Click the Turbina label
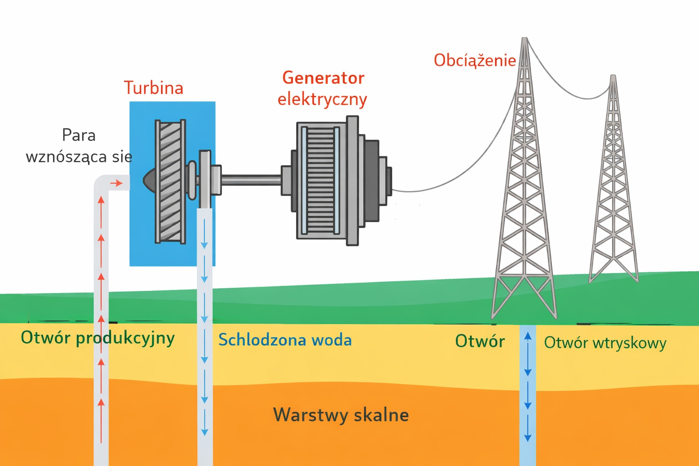coord(153,88)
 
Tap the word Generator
coord(323,78)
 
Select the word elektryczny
coord(322,99)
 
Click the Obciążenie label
coord(475,60)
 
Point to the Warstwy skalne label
coord(341,415)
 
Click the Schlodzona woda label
coord(285,340)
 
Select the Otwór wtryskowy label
coord(605,343)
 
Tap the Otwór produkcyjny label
coord(97,338)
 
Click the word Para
coord(79,135)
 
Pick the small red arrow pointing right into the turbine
coord(117,183)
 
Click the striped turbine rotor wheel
coord(171,181)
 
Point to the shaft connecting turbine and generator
coord(251,180)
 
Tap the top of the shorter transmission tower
coord(613,77)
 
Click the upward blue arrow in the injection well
coord(528,337)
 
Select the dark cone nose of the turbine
coord(149,180)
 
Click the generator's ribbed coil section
coord(321,180)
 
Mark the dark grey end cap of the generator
coord(371,180)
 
